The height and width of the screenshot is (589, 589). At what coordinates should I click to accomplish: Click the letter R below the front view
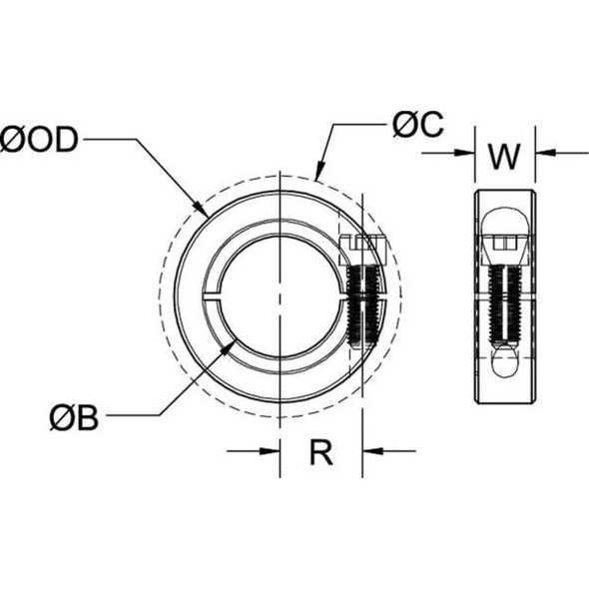coord(320,452)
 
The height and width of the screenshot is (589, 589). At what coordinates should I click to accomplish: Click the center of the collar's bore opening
coord(283,294)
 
